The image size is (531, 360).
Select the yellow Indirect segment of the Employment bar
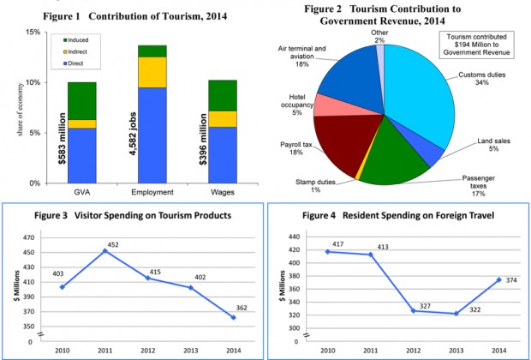coord(152,72)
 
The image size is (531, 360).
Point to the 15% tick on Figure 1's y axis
coord(34,33)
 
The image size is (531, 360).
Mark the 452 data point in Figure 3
coord(104,251)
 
